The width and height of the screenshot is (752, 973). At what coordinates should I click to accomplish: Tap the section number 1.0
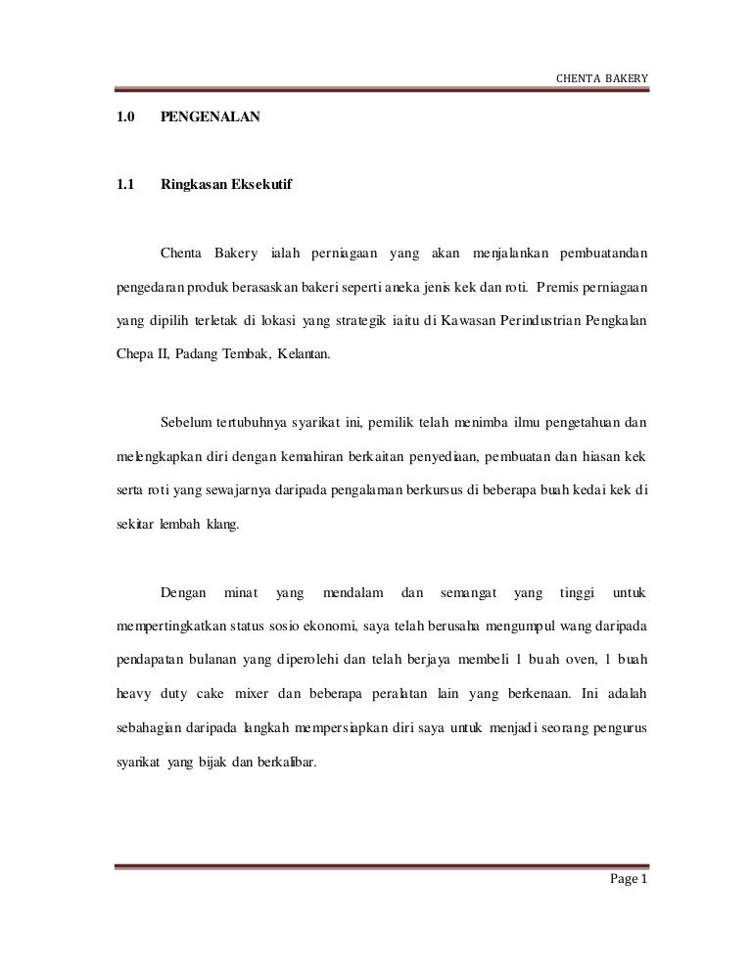pos(124,118)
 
